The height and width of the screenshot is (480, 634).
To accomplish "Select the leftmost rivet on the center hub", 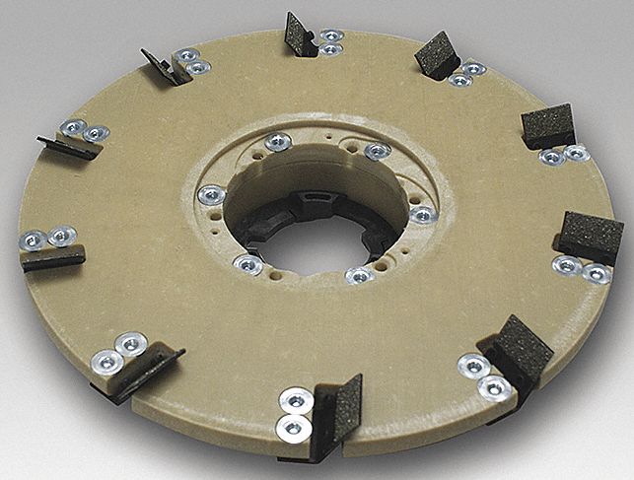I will coord(210,195).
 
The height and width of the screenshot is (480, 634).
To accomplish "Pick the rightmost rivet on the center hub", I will coord(422,214).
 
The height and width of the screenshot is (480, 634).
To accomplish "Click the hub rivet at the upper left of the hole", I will coord(277,143).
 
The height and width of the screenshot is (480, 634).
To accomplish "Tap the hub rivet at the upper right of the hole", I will coord(377,151).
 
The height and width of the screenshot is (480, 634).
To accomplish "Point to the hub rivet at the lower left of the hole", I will coord(247,263).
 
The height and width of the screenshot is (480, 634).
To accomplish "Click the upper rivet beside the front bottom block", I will coord(297,400).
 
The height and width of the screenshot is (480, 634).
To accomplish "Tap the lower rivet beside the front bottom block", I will coord(292,427).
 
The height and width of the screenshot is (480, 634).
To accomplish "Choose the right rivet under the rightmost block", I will coord(595,273).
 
